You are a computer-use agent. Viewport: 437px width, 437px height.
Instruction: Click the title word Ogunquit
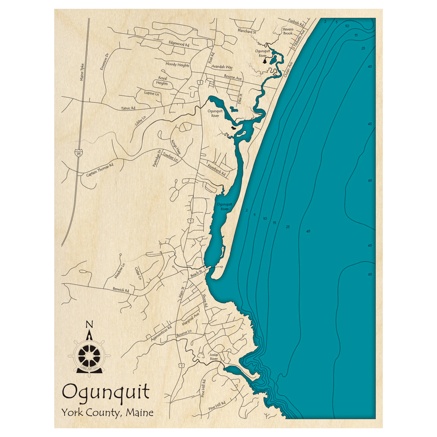click(106, 391)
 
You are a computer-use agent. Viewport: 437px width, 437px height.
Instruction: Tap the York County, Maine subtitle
click(108, 412)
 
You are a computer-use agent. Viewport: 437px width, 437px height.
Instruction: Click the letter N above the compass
click(89, 324)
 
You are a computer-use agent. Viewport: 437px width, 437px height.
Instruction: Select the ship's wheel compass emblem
click(89, 354)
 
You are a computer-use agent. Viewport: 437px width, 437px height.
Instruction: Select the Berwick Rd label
click(121, 289)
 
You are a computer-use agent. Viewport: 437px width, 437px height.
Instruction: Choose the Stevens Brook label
click(288, 31)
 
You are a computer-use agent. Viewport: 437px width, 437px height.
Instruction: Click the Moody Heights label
click(177, 64)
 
